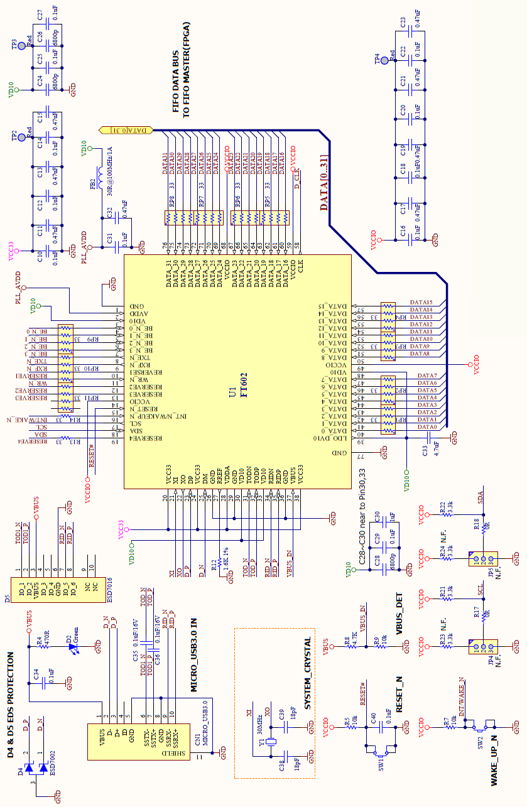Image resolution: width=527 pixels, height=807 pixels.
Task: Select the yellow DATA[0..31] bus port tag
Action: pyautogui.click(x=126, y=130)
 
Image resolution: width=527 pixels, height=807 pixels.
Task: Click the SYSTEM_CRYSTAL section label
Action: pyautogui.click(x=307, y=674)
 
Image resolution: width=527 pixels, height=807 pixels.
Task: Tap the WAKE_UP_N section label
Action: pyautogui.click(x=494, y=760)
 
